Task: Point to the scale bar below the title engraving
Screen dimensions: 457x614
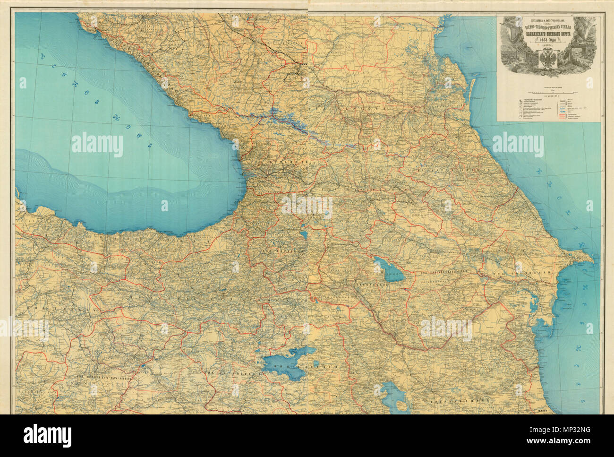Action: click(548, 91)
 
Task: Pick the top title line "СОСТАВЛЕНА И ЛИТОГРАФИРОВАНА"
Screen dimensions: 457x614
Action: click(547, 20)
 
